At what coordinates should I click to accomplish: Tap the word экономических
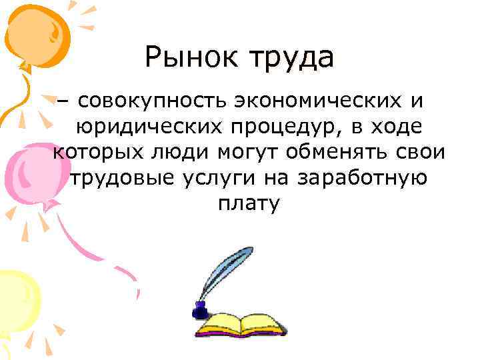point(317,101)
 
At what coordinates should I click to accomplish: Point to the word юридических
point(145,127)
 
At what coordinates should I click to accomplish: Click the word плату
point(247,204)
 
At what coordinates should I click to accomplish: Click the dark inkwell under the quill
point(199,310)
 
